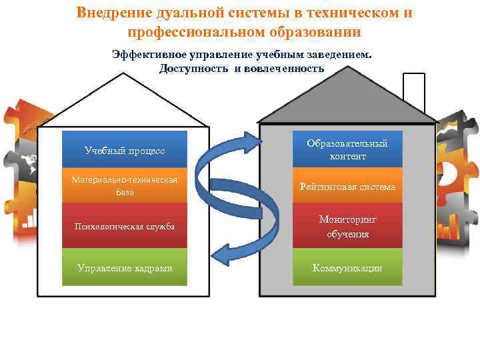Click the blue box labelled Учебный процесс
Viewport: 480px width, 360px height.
125,149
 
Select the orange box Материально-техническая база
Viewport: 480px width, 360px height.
125,186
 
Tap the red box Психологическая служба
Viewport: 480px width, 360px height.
125,226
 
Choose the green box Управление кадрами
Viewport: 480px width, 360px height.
125,267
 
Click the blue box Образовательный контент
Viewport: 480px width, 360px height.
347,149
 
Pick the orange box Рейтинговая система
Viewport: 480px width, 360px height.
347,187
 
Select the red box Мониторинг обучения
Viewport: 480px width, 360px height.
347,227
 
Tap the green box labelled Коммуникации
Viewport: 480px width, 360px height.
347,267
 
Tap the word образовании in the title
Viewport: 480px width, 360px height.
313,31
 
